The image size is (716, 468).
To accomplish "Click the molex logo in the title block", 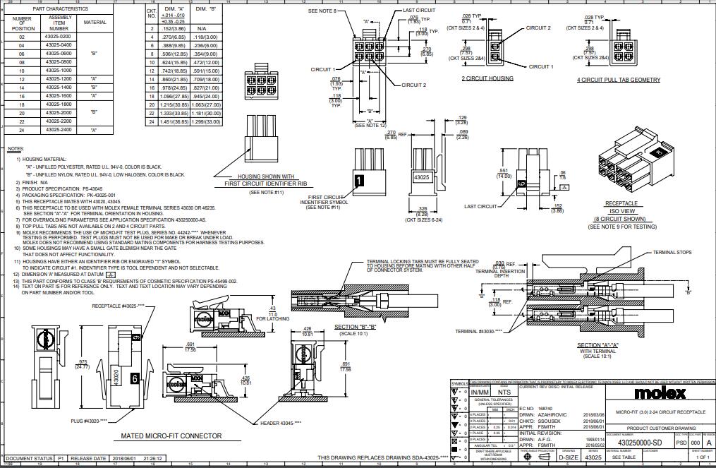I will tap(660, 392).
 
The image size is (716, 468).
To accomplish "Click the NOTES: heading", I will tap(15, 149).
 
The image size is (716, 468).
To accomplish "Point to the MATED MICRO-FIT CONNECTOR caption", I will tap(171, 436).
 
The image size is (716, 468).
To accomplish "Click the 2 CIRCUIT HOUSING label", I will tap(487, 78).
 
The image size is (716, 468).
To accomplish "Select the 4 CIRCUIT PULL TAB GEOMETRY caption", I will tap(619, 80).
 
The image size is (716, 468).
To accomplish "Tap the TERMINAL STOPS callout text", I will tap(672, 252).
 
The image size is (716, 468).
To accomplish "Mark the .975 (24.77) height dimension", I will tap(82, 364).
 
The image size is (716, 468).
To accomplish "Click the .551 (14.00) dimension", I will tap(503, 173).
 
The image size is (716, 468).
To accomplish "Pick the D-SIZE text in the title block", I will tap(569, 457).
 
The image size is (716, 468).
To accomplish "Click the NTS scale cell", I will tap(504, 391).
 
